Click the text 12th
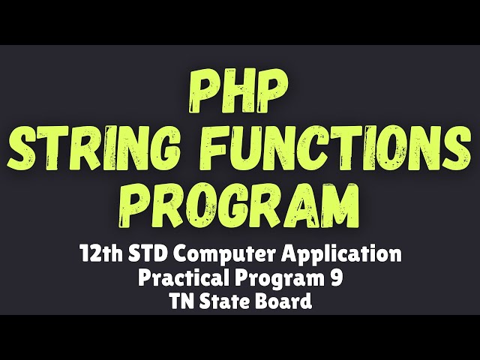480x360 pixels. (100, 254)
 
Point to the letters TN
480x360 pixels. (180, 302)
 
